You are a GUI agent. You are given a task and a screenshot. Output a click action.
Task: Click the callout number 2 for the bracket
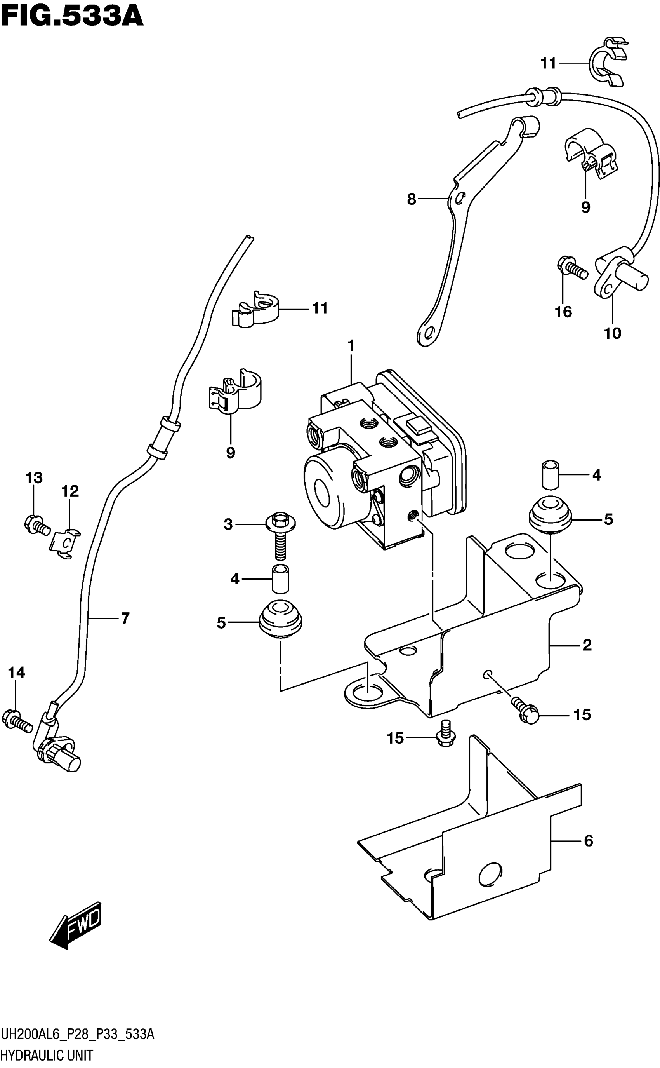(x=587, y=645)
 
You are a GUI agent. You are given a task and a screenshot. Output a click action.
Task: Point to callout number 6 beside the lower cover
(x=589, y=840)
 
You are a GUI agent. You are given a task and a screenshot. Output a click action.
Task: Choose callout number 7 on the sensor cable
(x=125, y=618)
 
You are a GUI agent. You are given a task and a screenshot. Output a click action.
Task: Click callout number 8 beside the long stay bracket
(x=411, y=200)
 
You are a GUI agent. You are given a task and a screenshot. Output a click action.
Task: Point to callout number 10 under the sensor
(x=612, y=333)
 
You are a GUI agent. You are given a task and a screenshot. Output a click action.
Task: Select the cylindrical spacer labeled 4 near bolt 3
(x=281, y=579)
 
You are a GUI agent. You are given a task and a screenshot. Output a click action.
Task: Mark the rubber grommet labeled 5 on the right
(x=550, y=516)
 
